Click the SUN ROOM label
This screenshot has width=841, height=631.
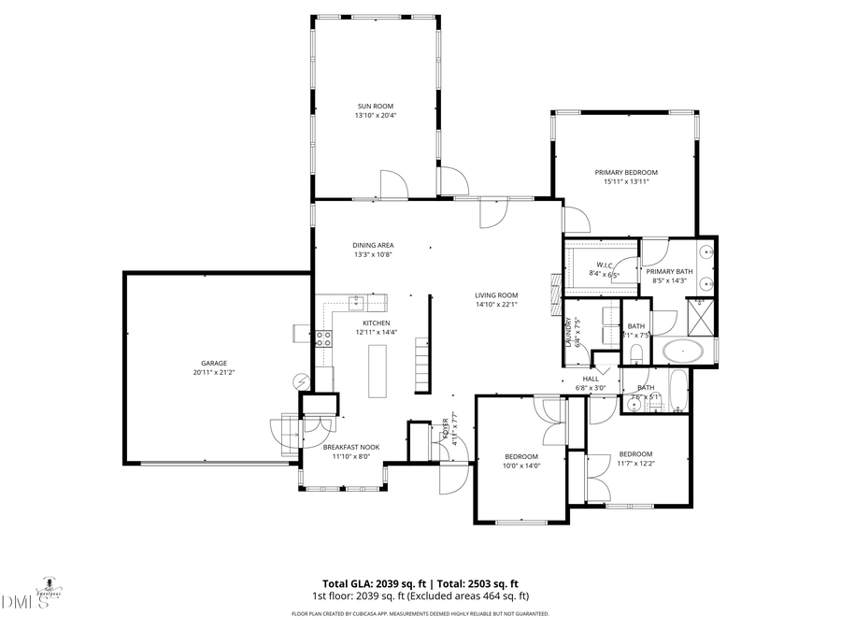374,107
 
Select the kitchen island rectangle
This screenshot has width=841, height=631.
378,371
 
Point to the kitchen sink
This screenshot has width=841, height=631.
356,302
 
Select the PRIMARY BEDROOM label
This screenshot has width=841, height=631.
626,172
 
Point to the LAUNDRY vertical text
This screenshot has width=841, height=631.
568,333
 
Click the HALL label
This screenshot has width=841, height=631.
591,379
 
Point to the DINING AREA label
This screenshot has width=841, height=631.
373,245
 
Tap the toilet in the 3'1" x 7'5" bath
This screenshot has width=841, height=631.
634,352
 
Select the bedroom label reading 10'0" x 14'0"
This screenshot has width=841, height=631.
522,466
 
